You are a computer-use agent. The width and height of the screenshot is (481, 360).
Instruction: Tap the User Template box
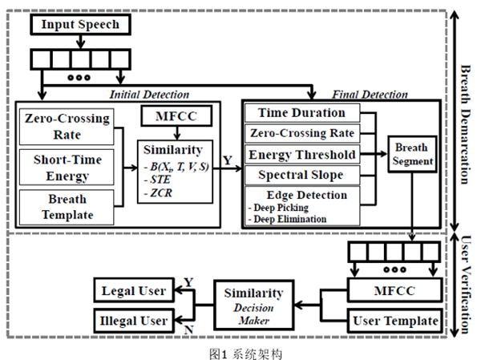[396, 322]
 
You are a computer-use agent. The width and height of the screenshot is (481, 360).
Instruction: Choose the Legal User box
[132, 289]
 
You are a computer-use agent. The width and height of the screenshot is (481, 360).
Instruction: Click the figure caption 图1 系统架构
[240, 350]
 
